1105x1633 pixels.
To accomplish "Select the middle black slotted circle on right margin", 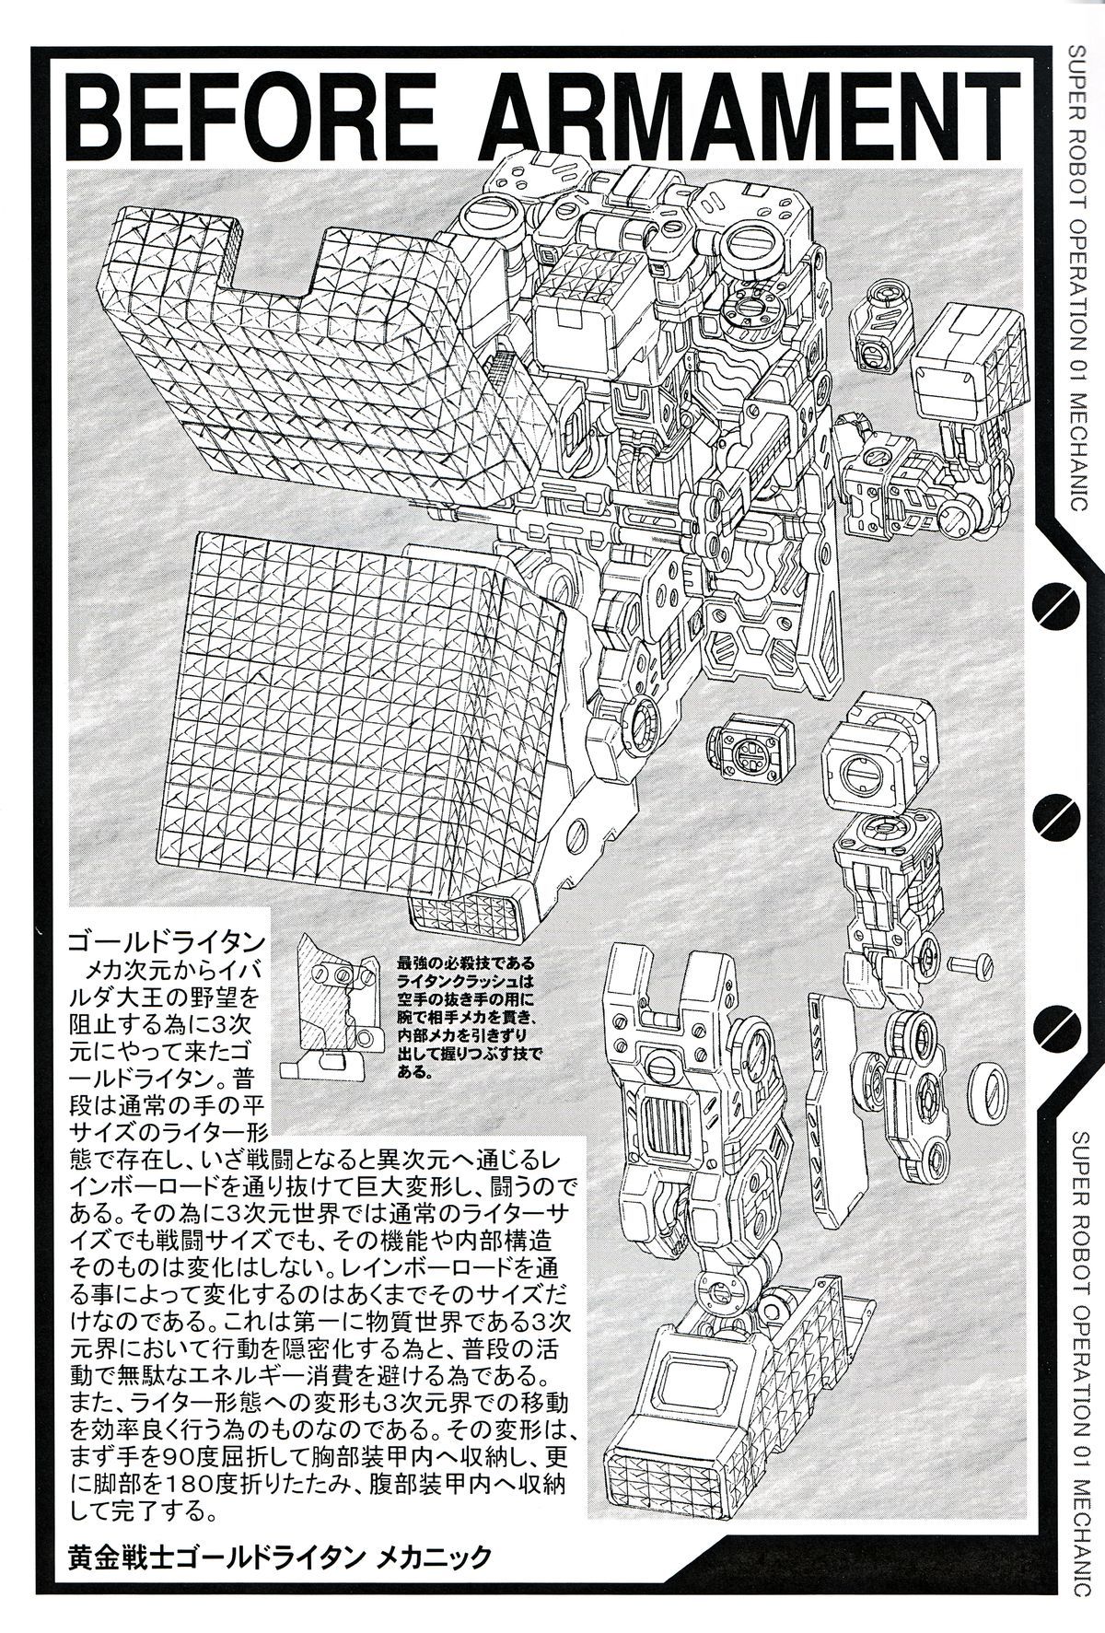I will point(1057,812).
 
